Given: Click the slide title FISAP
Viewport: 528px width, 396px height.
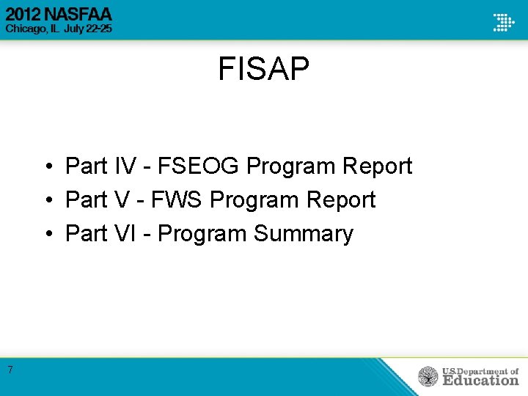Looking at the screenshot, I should click(263, 70).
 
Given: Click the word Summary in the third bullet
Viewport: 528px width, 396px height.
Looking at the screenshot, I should click(303, 234).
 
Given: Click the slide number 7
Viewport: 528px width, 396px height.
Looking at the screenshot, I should click(10, 370).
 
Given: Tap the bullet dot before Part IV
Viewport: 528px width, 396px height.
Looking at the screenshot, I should click(45, 167).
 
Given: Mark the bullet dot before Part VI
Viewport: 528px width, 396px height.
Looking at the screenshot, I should click(45, 235).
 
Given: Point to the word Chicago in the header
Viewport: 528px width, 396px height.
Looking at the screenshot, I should click(26, 29).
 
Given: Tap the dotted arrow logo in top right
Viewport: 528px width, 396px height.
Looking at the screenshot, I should click(503, 21).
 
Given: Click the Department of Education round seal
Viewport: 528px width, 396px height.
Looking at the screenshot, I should click(428, 376).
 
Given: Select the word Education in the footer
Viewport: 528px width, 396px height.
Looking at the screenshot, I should click(480, 380).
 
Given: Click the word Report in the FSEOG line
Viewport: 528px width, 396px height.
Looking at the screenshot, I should click(377, 166).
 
